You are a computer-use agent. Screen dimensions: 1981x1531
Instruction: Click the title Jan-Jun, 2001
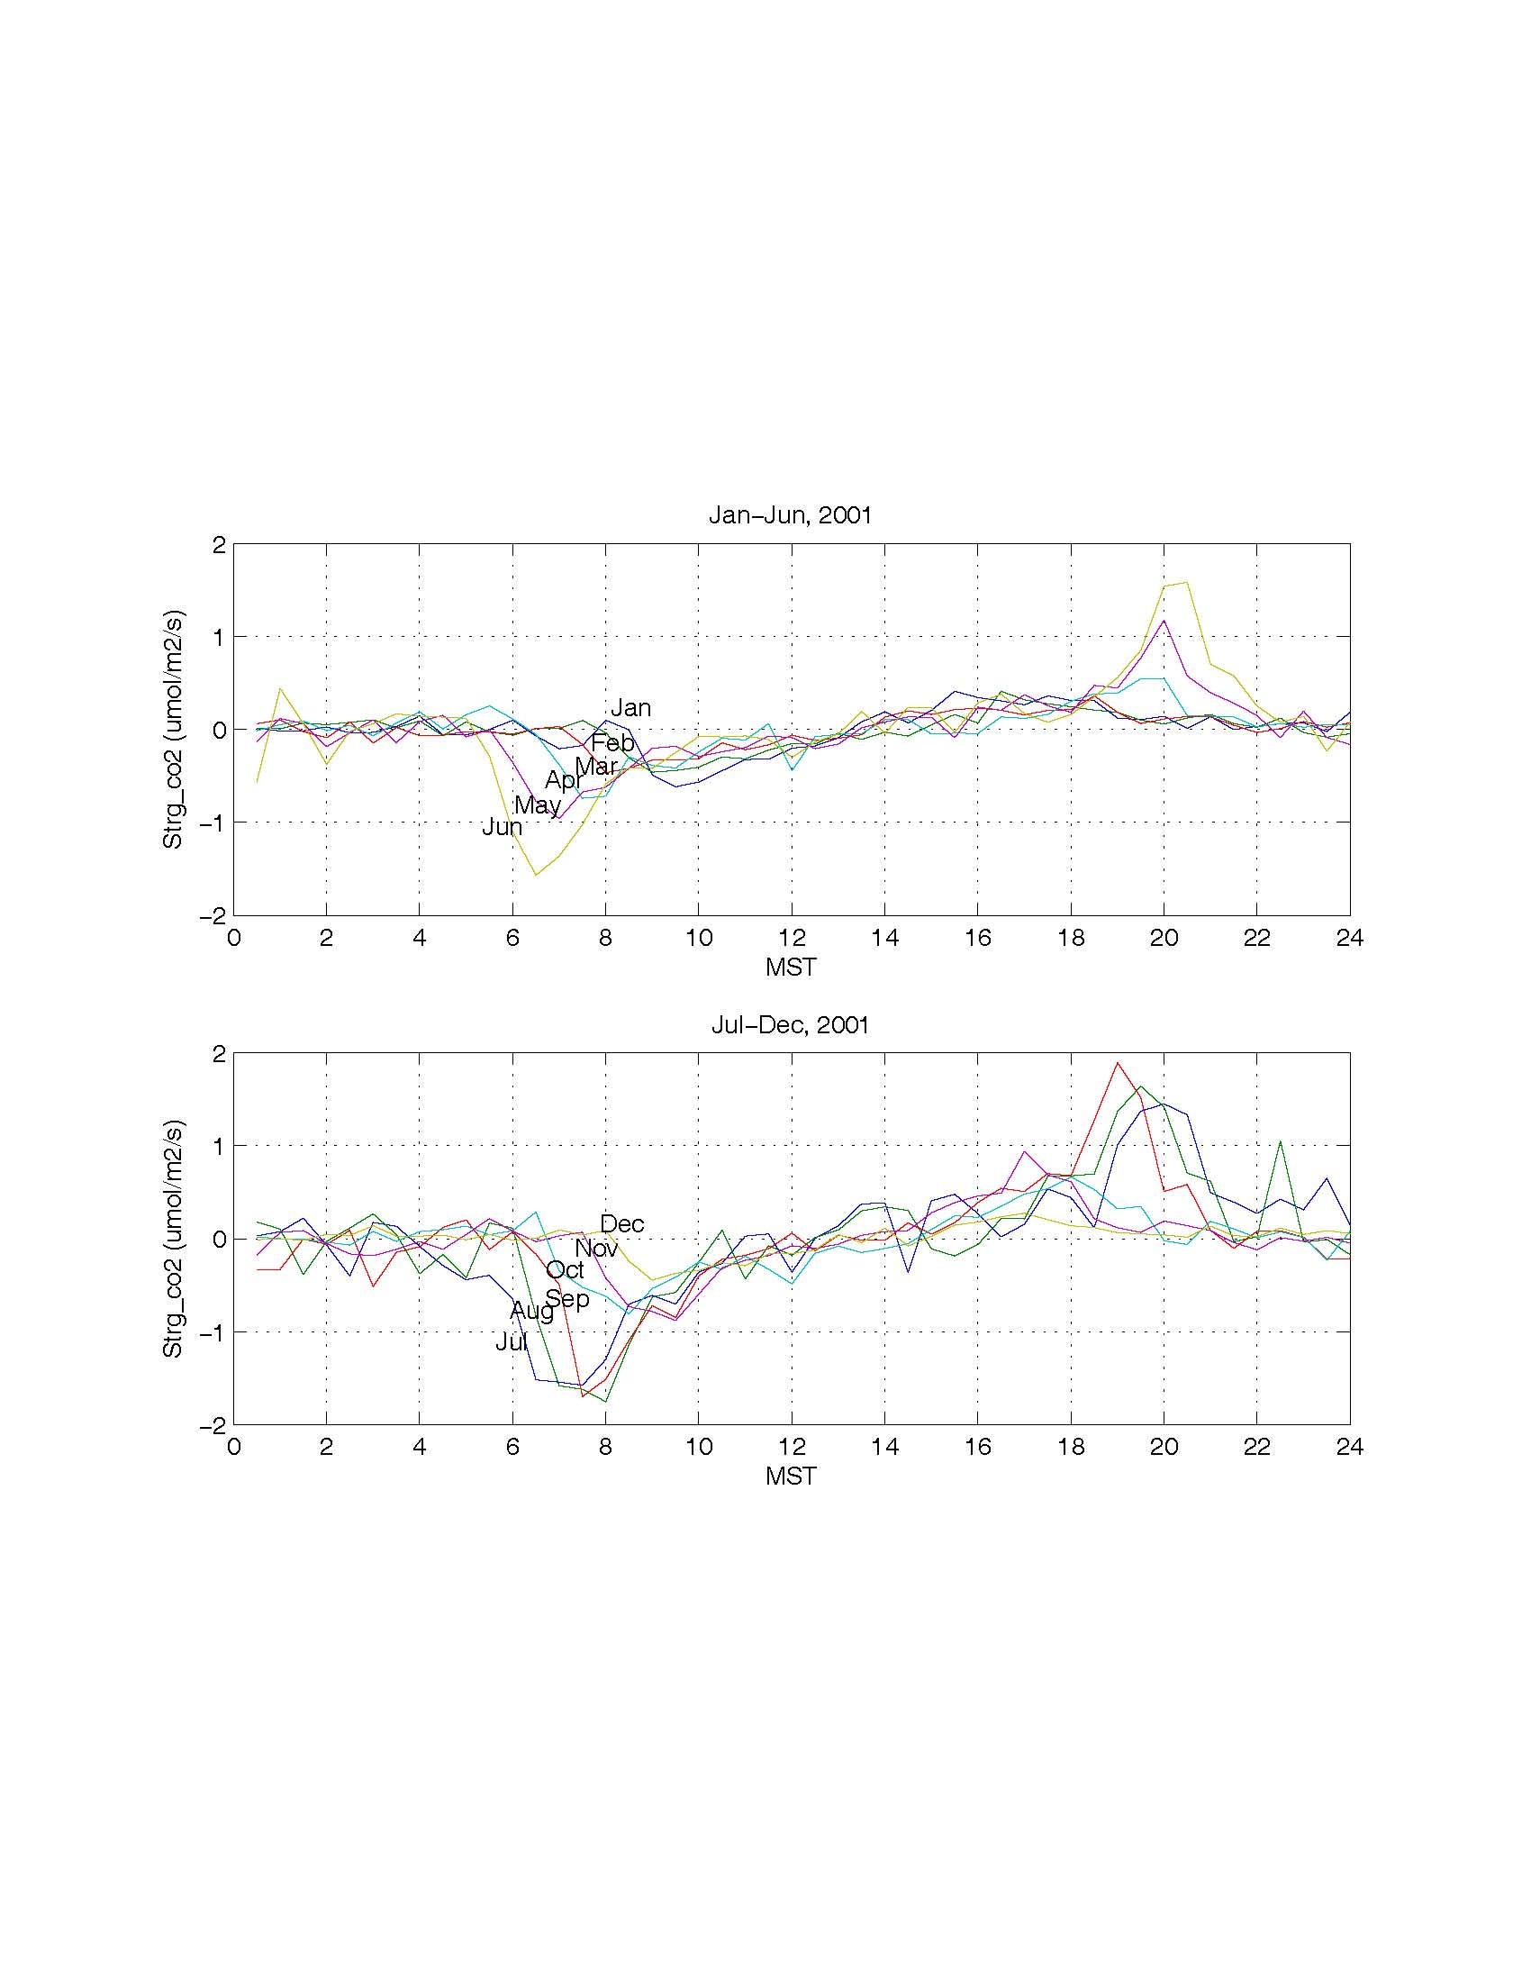(x=789, y=516)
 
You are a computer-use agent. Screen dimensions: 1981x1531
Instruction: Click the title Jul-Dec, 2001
(x=789, y=1026)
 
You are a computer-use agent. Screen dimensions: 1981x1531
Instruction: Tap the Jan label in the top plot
(x=630, y=708)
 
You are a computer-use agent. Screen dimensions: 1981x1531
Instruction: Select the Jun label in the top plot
(x=502, y=827)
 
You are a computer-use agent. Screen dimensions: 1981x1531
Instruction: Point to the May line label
(x=538, y=805)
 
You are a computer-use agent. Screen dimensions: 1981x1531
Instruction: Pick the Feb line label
(x=612, y=744)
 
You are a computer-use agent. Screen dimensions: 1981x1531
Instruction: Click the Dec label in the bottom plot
(x=622, y=1224)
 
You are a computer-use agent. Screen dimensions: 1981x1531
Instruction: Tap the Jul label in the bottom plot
(x=512, y=1343)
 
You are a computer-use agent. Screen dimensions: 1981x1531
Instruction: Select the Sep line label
(x=566, y=1300)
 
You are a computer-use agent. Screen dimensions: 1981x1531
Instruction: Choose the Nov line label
(x=596, y=1249)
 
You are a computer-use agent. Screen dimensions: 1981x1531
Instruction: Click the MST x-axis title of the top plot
(x=791, y=968)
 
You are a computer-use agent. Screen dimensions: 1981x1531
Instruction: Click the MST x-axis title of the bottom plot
(x=791, y=1477)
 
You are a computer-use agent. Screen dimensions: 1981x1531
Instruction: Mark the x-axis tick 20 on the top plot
(x=1164, y=939)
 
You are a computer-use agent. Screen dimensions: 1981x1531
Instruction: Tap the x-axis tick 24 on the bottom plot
(x=1350, y=1448)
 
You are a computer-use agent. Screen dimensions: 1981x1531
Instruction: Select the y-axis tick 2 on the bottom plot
(x=218, y=1054)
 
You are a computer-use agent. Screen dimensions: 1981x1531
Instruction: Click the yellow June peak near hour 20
(x=1185, y=582)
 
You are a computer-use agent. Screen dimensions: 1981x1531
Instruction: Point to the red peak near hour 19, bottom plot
(x=1118, y=1063)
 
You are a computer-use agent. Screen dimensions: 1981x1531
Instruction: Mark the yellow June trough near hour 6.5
(x=536, y=875)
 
